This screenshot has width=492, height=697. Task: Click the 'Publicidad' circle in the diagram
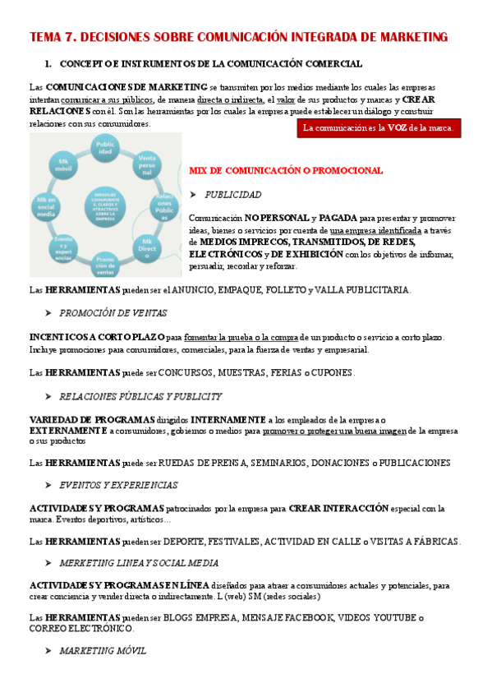click(110, 150)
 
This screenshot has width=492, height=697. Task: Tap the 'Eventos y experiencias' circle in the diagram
click(62, 247)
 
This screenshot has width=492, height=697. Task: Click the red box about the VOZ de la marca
click(378, 128)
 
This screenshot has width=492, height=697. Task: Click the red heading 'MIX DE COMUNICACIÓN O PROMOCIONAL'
click(285, 171)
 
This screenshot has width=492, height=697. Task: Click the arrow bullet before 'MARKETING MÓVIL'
click(48, 650)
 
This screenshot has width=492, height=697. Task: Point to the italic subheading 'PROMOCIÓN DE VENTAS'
click(113, 313)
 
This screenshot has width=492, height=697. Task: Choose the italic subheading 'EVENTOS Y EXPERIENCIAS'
click(118, 485)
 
